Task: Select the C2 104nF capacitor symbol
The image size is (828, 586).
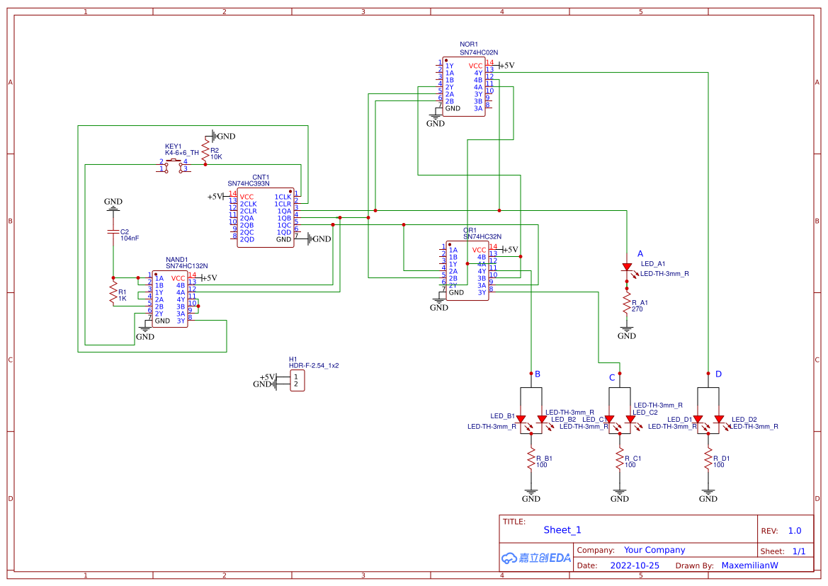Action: pyautogui.click(x=113, y=232)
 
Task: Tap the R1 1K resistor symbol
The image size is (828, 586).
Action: pyautogui.click(x=113, y=292)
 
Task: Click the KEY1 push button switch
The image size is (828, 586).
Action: pyautogui.click(x=173, y=166)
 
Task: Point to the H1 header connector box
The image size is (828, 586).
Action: pyautogui.click(x=297, y=381)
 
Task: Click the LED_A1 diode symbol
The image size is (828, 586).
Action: pyautogui.click(x=627, y=268)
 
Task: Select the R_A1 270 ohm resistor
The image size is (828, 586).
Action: pyautogui.click(x=626, y=304)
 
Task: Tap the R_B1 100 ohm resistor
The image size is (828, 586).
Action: pyautogui.click(x=531, y=459)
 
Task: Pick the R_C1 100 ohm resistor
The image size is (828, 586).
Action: pyautogui.click(x=619, y=459)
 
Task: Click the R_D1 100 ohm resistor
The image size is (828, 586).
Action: pyautogui.click(x=708, y=459)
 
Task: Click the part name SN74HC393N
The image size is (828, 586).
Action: pyautogui.click(x=249, y=184)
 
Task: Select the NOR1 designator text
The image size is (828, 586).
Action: pyautogui.click(x=469, y=45)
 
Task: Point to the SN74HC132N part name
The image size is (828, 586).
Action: pyautogui.click(x=187, y=266)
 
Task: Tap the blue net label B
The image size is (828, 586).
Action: pyautogui.click(x=538, y=374)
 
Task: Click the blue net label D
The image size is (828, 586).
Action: pyautogui.click(x=718, y=374)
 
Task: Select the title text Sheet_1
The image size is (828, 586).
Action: pyautogui.click(x=562, y=530)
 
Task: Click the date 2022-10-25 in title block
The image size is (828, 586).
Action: pyautogui.click(x=635, y=565)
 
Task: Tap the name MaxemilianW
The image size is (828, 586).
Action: pyautogui.click(x=749, y=565)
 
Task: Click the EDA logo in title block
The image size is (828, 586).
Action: pyautogui.click(x=536, y=558)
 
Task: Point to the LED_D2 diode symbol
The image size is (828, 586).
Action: pyautogui.click(x=719, y=420)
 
